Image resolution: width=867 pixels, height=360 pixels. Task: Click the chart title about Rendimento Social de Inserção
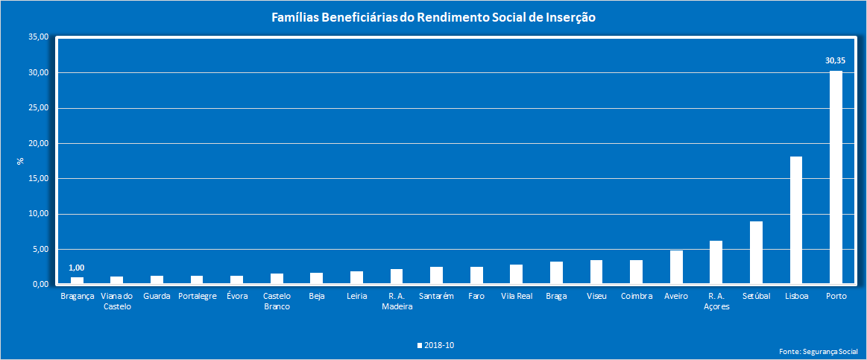coord(433,17)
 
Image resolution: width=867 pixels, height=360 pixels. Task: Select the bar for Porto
coord(836,177)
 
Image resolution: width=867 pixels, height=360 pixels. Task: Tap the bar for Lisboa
coord(795,221)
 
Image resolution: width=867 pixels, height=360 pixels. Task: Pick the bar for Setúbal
coord(756,253)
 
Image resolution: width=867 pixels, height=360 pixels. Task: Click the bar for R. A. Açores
coord(716,262)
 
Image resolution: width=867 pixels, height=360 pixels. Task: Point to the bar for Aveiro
coord(676,268)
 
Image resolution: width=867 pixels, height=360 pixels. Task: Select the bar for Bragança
coord(77,281)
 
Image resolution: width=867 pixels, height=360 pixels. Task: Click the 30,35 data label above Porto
coord(835,60)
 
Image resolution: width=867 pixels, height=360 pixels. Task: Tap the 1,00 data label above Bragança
coord(77,268)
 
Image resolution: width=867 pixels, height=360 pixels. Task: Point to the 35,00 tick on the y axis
coord(38,37)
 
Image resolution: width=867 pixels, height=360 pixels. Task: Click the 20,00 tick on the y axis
coord(38,143)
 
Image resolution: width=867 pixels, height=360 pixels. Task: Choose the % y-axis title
coord(21,160)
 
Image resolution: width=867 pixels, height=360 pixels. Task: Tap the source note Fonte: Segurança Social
coord(818,350)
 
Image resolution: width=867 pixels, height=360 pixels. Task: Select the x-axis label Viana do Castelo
coord(117,301)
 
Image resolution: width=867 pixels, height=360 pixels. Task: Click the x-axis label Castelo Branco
coord(277,301)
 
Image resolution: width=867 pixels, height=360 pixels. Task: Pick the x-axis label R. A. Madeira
coord(397,301)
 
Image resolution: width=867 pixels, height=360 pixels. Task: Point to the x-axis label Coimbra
coord(636,296)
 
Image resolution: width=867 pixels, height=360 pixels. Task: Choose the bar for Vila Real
coord(516,274)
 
